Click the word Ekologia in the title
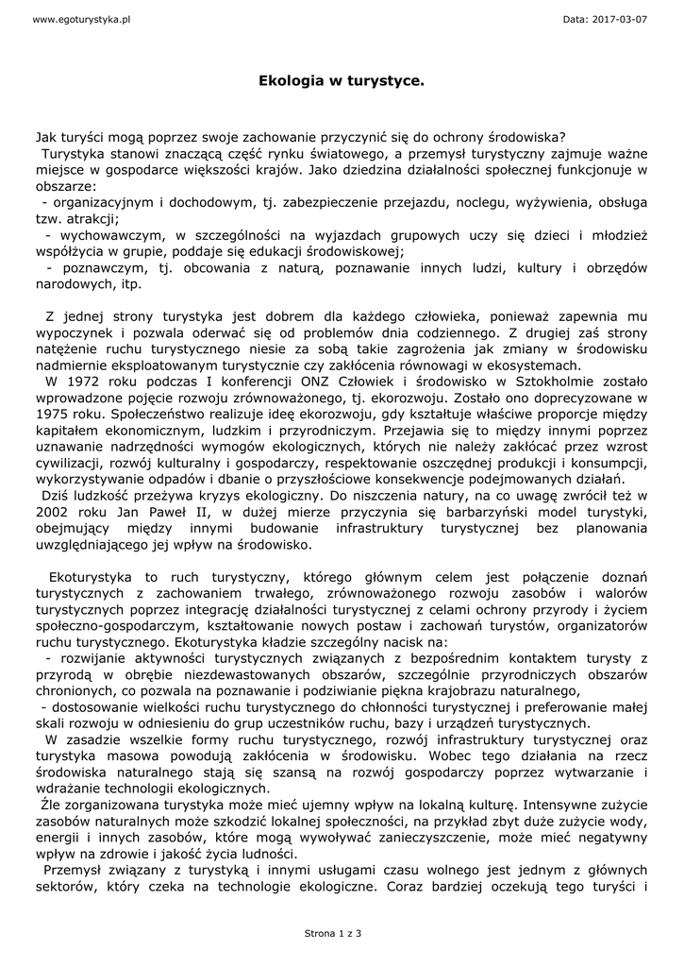pyautogui.click(x=289, y=82)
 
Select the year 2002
pyautogui.click(x=55, y=512)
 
